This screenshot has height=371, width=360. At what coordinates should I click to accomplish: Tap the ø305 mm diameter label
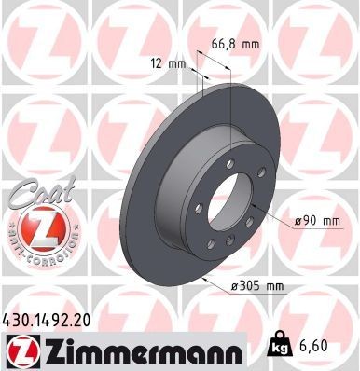[257, 287]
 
